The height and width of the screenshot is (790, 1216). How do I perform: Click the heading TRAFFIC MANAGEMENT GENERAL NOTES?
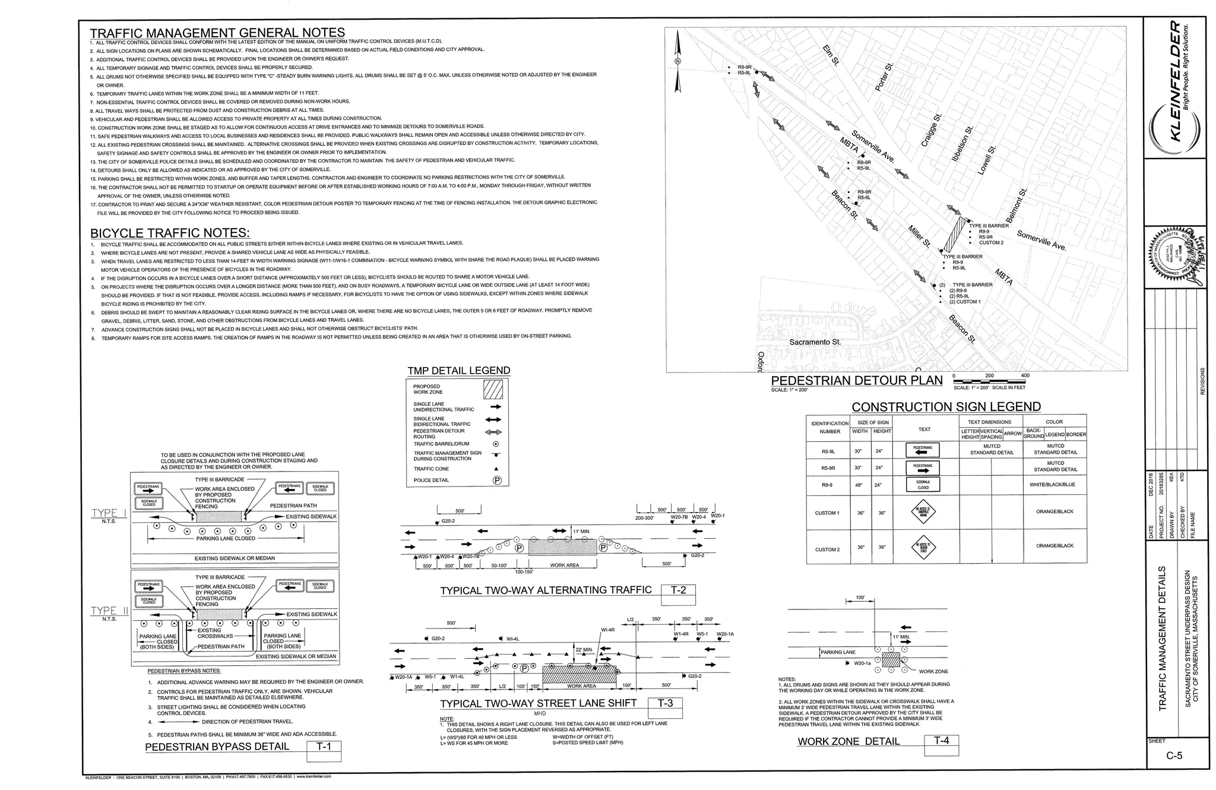point(217,33)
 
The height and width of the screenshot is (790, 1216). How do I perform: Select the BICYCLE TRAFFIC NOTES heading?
point(170,233)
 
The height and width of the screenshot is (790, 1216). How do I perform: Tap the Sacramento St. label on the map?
point(815,342)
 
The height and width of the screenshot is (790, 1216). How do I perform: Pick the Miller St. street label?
point(919,236)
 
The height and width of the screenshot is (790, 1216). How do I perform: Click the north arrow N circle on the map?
point(678,61)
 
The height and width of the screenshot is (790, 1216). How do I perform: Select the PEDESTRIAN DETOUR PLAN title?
point(856,381)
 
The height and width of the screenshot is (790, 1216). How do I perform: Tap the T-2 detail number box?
point(678,590)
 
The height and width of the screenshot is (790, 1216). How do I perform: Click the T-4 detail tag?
point(942,741)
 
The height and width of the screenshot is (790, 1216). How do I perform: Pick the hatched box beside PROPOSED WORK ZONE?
point(493,390)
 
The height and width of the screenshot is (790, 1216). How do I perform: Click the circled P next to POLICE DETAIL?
point(497,481)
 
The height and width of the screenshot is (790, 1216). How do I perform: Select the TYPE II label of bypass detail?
point(109,611)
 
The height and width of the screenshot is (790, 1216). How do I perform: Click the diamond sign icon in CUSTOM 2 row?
point(923,547)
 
